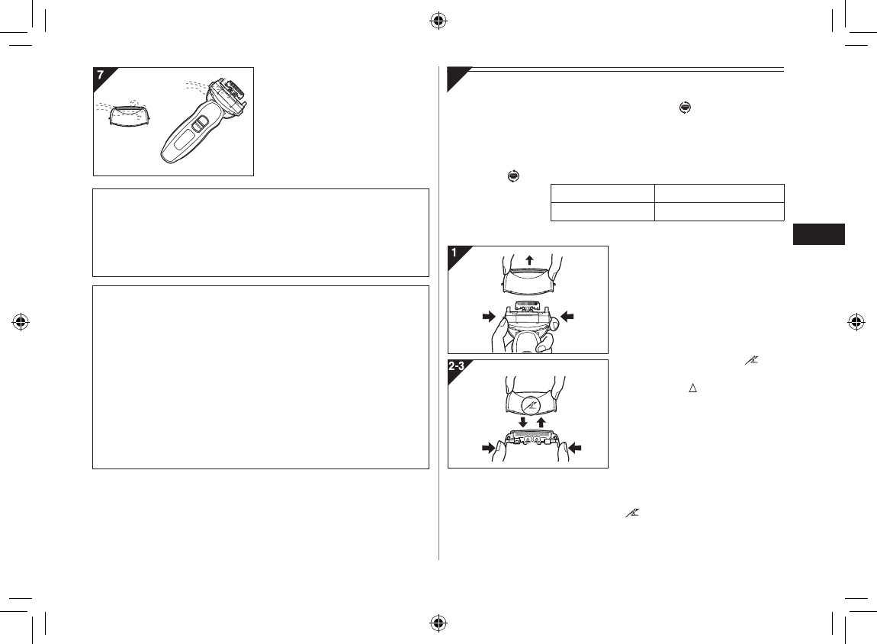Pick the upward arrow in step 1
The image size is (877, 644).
tap(530, 259)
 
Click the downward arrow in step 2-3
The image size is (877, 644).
tap(522, 421)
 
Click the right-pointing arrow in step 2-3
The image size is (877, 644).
tap(483, 449)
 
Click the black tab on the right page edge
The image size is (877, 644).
tap(818, 234)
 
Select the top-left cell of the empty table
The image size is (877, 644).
tap(602, 193)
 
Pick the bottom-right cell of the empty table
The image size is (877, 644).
tap(719, 211)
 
